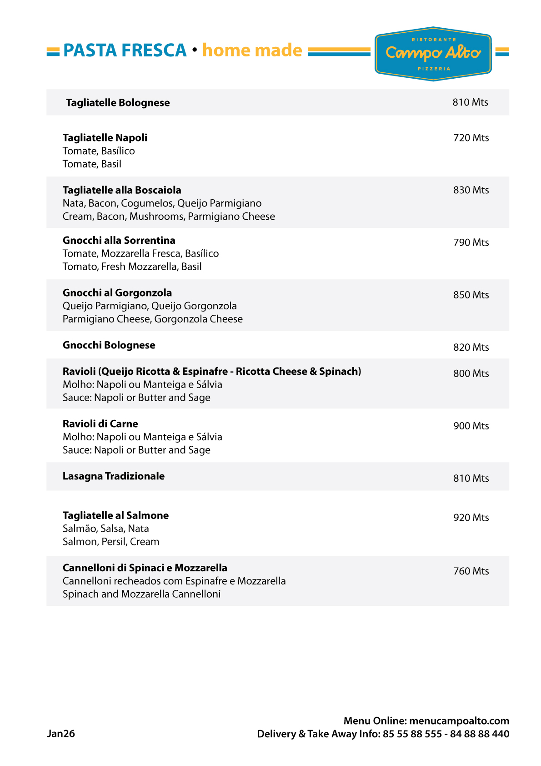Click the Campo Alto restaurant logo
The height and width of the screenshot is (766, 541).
coord(433,54)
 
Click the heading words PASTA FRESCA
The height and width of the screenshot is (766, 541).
coord(125,50)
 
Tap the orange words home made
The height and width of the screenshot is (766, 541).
coord(252,50)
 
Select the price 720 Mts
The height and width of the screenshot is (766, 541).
coord(471,138)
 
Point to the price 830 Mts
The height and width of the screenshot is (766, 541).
coord(471,190)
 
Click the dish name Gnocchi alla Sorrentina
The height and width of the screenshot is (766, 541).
coord(119,241)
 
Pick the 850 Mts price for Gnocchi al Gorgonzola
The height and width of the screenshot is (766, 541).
coord(471,295)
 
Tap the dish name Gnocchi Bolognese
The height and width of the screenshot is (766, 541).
coord(109,345)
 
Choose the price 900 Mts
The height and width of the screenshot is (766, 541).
coord(471,426)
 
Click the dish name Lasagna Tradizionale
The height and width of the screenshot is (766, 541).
coord(114,476)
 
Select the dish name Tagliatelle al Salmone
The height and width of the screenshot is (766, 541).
coord(115,515)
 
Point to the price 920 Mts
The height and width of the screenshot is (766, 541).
coord(471,518)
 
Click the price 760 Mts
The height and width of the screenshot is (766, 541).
coord(471,571)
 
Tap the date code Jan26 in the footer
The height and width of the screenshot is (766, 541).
coord(61,734)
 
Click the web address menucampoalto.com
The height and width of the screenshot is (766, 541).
coord(459,721)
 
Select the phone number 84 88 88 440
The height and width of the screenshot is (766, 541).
coord(480,734)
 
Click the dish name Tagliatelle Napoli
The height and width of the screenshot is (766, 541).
coord(105,138)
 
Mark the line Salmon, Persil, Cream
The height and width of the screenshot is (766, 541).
coord(111,542)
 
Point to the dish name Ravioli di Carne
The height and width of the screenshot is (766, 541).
coord(100,424)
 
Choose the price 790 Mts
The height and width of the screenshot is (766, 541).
coord(471,243)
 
